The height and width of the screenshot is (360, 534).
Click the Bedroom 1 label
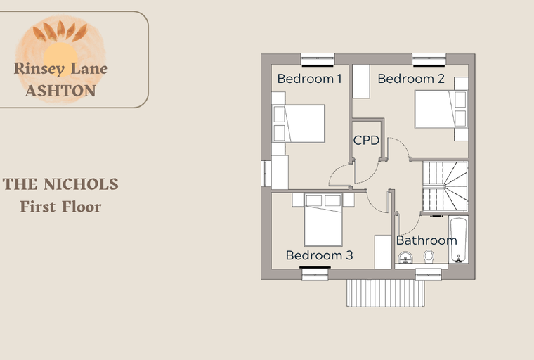tap(309, 79)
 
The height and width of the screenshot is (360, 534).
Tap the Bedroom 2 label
tap(411, 79)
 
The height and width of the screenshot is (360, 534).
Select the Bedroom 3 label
tap(320, 255)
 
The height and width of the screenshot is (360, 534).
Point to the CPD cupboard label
tap(367, 140)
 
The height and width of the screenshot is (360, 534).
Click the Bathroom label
tap(426, 240)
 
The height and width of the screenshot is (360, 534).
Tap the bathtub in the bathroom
tap(458, 240)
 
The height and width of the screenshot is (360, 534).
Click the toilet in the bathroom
tap(429, 257)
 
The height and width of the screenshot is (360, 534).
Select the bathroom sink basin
tap(405, 258)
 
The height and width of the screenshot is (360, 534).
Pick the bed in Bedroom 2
tap(441, 109)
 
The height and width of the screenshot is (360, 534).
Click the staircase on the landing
tap(445, 186)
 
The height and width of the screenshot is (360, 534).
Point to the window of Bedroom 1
tap(318, 60)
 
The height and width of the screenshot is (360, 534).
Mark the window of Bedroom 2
tap(429, 60)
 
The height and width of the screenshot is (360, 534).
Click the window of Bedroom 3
tap(315, 274)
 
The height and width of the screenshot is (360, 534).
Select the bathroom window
tap(429, 274)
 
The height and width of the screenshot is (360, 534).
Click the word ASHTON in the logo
tap(60, 91)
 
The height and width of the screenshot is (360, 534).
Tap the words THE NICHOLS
tap(60, 184)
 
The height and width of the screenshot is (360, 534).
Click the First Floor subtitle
tap(60, 207)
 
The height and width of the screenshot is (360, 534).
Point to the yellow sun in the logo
tap(60, 56)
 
